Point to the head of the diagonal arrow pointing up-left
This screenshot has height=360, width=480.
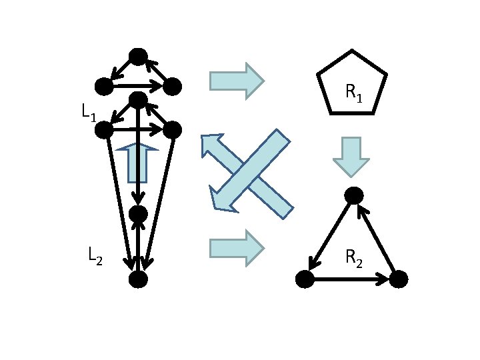click(x=212, y=145)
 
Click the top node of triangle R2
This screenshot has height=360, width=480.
click(x=353, y=195)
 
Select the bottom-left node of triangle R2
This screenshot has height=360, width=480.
click(x=305, y=279)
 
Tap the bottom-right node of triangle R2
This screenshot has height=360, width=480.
click(x=398, y=279)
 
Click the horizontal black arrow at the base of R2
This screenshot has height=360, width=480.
click(x=351, y=279)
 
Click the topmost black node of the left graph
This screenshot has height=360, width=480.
click(x=138, y=57)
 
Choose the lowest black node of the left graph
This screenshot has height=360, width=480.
click(x=137, y=279)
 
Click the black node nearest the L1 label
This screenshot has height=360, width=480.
click(x=104, y=129)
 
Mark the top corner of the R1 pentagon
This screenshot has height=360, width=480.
click(x=352, y=51)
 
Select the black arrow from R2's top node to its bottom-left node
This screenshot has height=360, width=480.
click(x=329, y=237)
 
